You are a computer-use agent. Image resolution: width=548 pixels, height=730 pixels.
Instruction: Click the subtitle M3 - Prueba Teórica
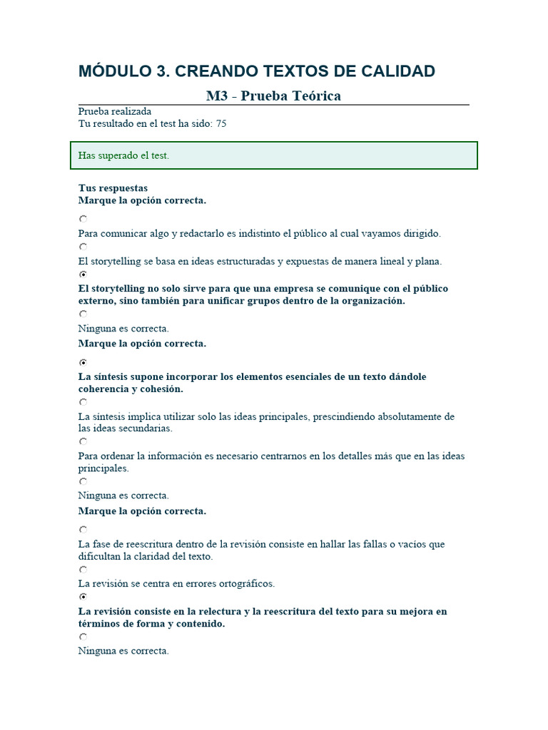[x=273, y=96]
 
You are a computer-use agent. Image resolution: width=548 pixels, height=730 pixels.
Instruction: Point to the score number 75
[x=221, y=123]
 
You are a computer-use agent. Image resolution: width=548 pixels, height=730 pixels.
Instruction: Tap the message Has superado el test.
[x=123, y=155]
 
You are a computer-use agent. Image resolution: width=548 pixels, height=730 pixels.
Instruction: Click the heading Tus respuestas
[x=113, y=188]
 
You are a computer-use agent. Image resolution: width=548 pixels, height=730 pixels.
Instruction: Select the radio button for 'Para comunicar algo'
[x=83, y=220]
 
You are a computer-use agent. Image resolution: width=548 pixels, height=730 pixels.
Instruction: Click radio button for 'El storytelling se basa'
[x=83, y=247]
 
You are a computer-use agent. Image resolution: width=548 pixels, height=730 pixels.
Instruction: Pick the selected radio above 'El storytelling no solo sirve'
[x=83, y=274]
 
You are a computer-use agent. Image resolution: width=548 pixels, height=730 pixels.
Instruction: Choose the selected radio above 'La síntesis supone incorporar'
[x=83, y=362]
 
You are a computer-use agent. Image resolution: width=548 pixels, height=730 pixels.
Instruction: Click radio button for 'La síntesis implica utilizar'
[x=83, y=402]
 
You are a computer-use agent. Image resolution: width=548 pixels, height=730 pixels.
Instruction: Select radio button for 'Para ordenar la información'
[x=83, y=442]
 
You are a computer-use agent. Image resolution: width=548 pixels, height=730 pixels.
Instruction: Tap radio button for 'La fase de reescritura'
[x=83, y=530]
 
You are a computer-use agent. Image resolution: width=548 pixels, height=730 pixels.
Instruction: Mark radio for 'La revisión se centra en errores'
[x=83, y=570]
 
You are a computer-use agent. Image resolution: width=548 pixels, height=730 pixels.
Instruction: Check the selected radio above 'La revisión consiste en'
[x=83, y=597]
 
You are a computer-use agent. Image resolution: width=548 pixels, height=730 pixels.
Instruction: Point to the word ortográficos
[x=245, y=584]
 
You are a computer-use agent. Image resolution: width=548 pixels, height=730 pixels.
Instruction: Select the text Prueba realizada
[x=114, y=112]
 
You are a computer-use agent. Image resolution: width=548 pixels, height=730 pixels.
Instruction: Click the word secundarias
[x=146, y=429]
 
